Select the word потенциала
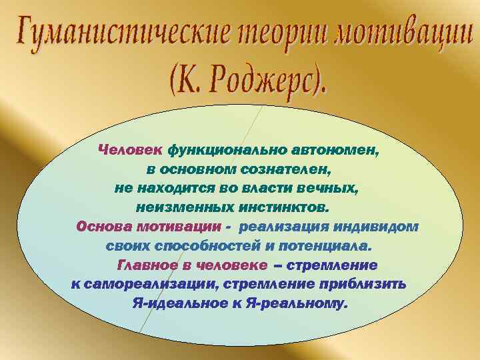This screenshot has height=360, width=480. tap(326, 246)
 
